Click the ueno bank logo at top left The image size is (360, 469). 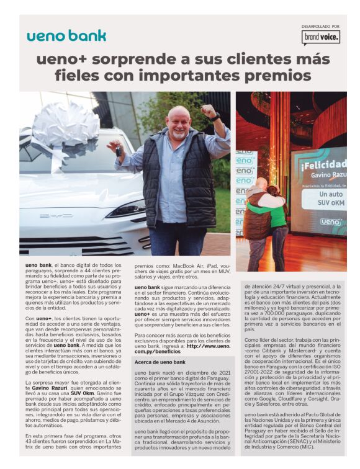coord(66,35)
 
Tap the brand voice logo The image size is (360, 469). coord(321,38)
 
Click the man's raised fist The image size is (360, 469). coord(209,112)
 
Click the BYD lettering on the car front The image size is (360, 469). coord(56,216)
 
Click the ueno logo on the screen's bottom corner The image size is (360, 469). coord(330,221)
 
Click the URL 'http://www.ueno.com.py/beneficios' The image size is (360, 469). coord(182,349)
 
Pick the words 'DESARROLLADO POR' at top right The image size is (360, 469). coord(320,26)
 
